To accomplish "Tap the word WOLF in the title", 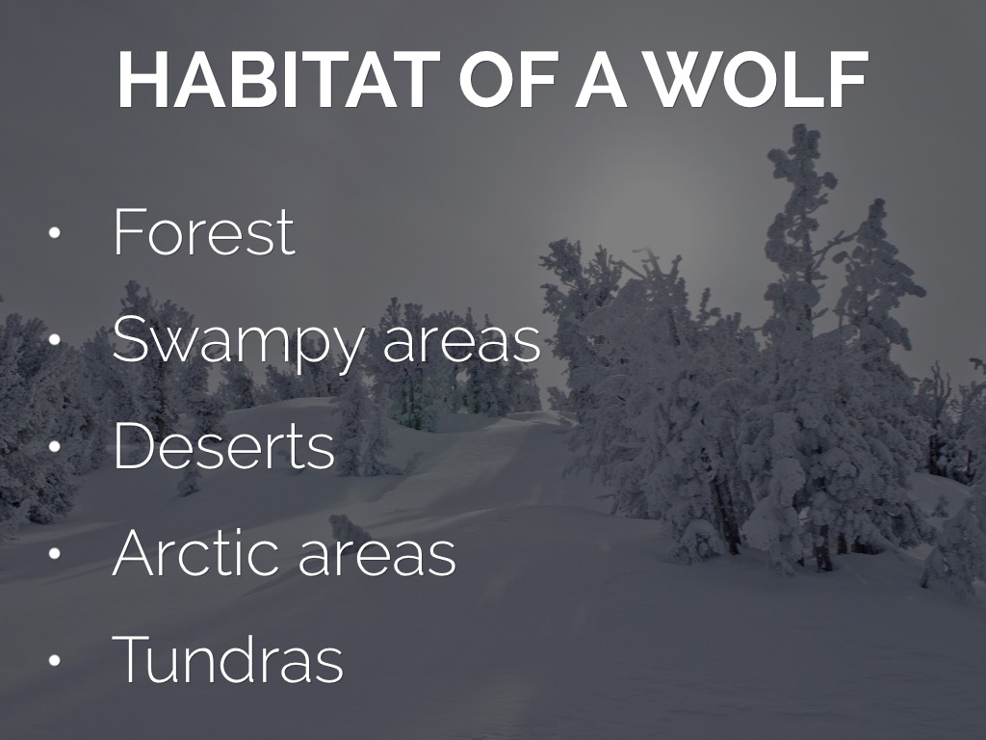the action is [x=759, y=80].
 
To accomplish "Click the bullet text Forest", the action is [x=204, y=231].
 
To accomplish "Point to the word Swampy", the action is [x=238, y=343].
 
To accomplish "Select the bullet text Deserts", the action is [x=223, y=445].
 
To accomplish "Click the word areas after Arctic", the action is [x=376, y=556].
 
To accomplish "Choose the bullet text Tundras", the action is [x=227, y=658].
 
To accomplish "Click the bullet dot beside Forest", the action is [x=54, y=233].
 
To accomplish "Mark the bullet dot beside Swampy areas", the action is [x=54, y=340].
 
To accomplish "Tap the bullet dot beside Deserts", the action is [x=54, y=447].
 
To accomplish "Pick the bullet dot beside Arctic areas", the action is [x=54, y=553].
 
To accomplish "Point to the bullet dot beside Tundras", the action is [x=54, y=660].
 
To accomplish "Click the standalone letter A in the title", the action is [x=602, y=80].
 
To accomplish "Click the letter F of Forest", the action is [x=130, y=231].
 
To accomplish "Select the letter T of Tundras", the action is [x=133, y=658].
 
